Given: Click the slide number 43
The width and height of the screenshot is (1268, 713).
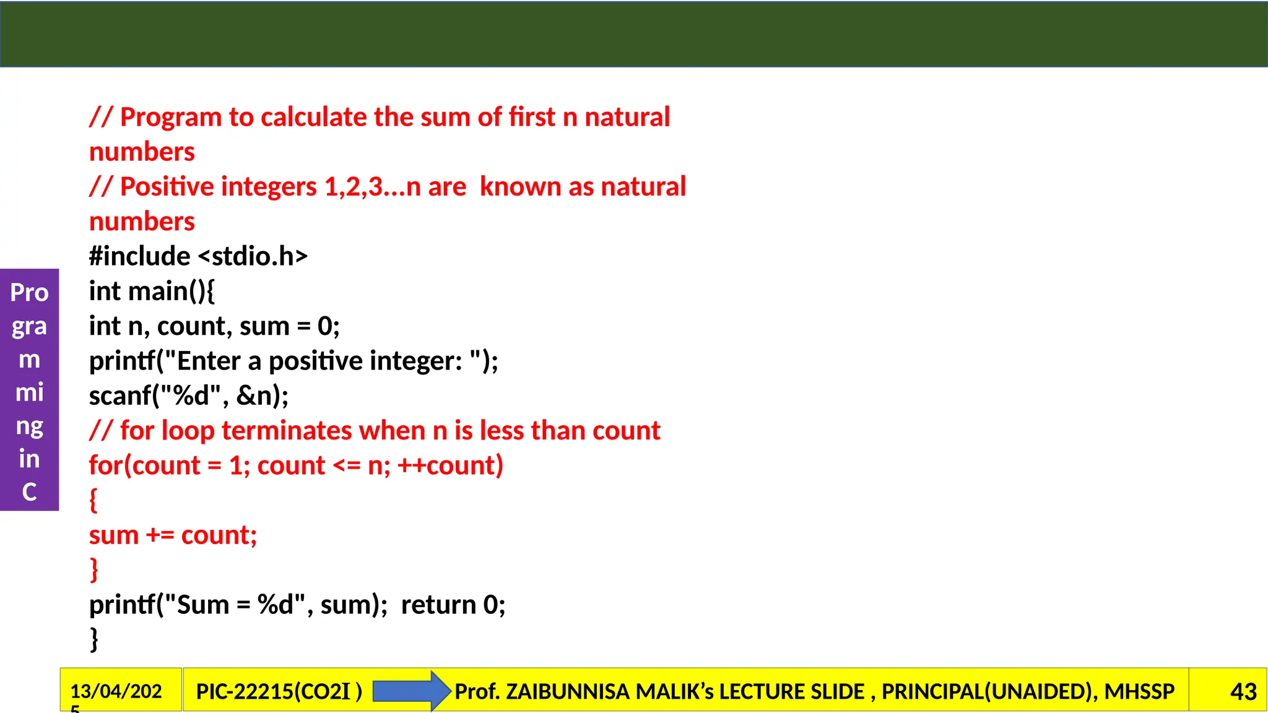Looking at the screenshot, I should click(1243, 691).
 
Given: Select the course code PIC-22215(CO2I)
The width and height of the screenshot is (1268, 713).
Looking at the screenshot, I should click(279, 691).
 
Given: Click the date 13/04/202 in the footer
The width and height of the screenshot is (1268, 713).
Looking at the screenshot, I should click(116, 691).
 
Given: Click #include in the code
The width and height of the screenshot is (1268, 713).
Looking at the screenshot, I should click(139, 256).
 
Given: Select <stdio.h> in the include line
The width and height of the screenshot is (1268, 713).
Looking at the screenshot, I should click(253, 256).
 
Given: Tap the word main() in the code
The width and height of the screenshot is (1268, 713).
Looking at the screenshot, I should click(167, 291).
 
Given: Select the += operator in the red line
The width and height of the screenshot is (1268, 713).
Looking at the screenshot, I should click(160, 535).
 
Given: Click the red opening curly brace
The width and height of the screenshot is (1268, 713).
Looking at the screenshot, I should click(93, 500).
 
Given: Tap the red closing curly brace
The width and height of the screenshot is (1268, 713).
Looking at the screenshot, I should click(93, 569).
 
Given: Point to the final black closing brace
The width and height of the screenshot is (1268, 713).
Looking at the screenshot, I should click(93, 639).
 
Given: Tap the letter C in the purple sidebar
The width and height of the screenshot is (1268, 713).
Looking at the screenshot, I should click(29, 492).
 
